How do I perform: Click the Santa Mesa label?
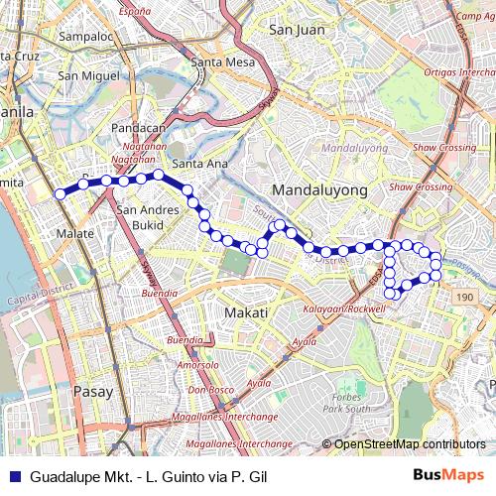[221, 62]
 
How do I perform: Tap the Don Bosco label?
[209, 390]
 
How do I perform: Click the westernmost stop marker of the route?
[60, 193]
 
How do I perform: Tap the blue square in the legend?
[13, 475]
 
